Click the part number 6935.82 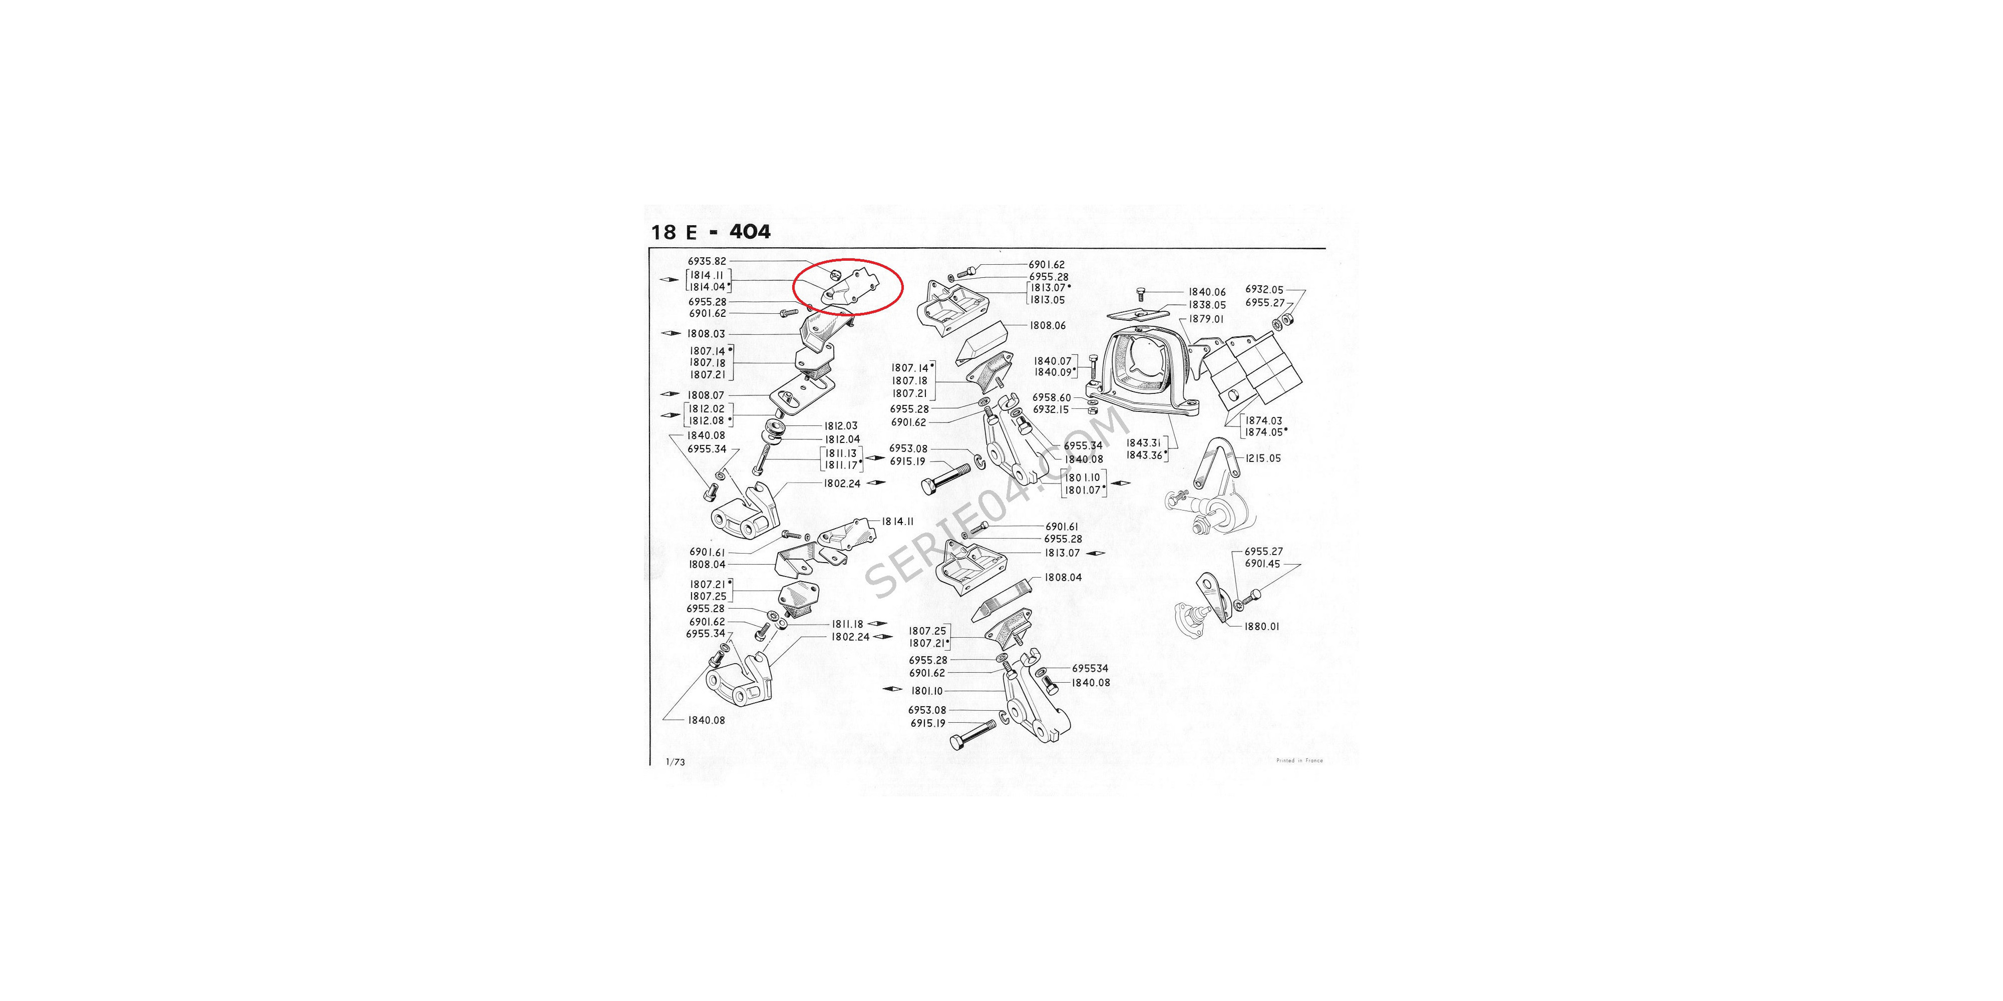coord(707,262)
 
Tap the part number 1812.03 coord(841,426)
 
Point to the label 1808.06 coord(1048,326)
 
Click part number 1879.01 coord(1206,319)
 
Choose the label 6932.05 coord(1264,290)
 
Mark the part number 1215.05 coord(1263,458)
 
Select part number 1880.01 coord(1261,627)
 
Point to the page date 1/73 coord(675,762)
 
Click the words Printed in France coord(1299,761)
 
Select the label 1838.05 coord(1207,305)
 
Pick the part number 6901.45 coord(1262,564)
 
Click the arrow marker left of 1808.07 coord(671,395)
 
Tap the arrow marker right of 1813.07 coord(1096,554)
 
